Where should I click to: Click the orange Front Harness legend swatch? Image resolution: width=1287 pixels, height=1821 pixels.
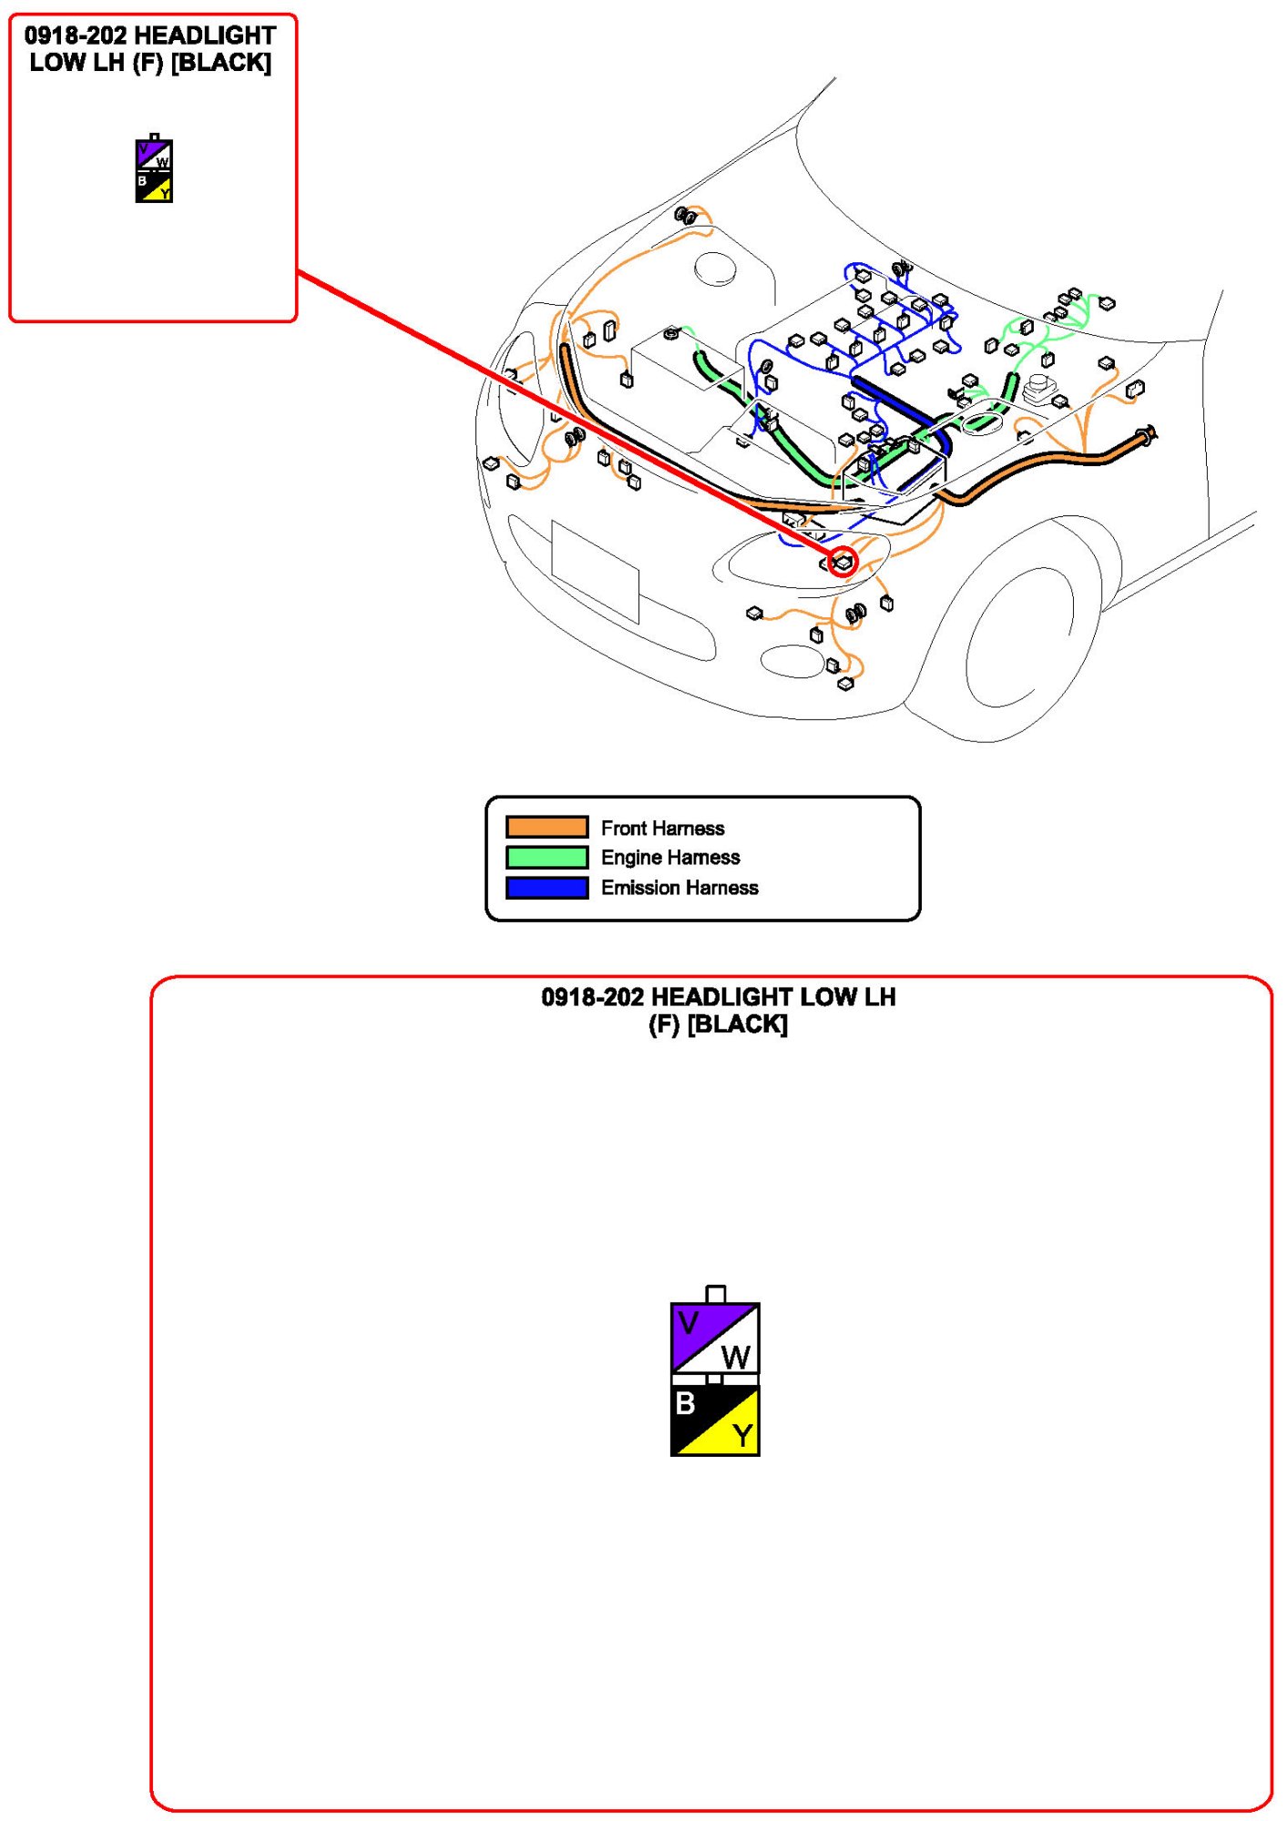[x=546, y=827]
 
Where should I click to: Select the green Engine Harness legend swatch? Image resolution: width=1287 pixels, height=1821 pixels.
[x=546, y=857]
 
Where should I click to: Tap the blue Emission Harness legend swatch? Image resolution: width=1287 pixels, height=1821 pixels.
[x=546, y=887]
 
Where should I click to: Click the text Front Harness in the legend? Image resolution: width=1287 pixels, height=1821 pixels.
[x=662, y=828]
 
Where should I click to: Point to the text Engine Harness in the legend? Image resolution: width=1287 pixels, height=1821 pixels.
[x=670, y=858]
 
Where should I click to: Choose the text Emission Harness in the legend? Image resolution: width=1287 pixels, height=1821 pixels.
[x=679, y=888]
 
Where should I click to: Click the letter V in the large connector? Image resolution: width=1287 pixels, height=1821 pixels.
[x=689, y=1323]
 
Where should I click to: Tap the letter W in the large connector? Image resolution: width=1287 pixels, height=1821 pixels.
[x=736, y=1358]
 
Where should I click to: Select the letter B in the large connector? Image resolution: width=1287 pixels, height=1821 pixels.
[x=685, y=1404]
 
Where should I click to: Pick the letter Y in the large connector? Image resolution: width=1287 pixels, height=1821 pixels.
[x=742, y=1436]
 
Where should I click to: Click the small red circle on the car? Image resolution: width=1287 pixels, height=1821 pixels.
[x=843, y=562]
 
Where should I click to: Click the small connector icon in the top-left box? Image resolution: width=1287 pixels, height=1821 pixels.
[x=154, y=169]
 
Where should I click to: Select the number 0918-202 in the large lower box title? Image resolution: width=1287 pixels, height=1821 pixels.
[x=592, y=997]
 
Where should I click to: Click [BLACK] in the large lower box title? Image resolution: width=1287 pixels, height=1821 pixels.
[x=738, y=1024]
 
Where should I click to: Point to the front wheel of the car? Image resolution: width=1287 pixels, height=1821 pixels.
[x=1020, y=637]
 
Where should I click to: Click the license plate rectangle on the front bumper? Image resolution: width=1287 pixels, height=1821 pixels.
[x=596, y=572]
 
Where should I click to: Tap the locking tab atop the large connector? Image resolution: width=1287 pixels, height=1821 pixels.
[x=716, y=1294]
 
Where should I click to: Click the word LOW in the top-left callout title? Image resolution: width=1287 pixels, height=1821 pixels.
[x=51, y=63]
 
